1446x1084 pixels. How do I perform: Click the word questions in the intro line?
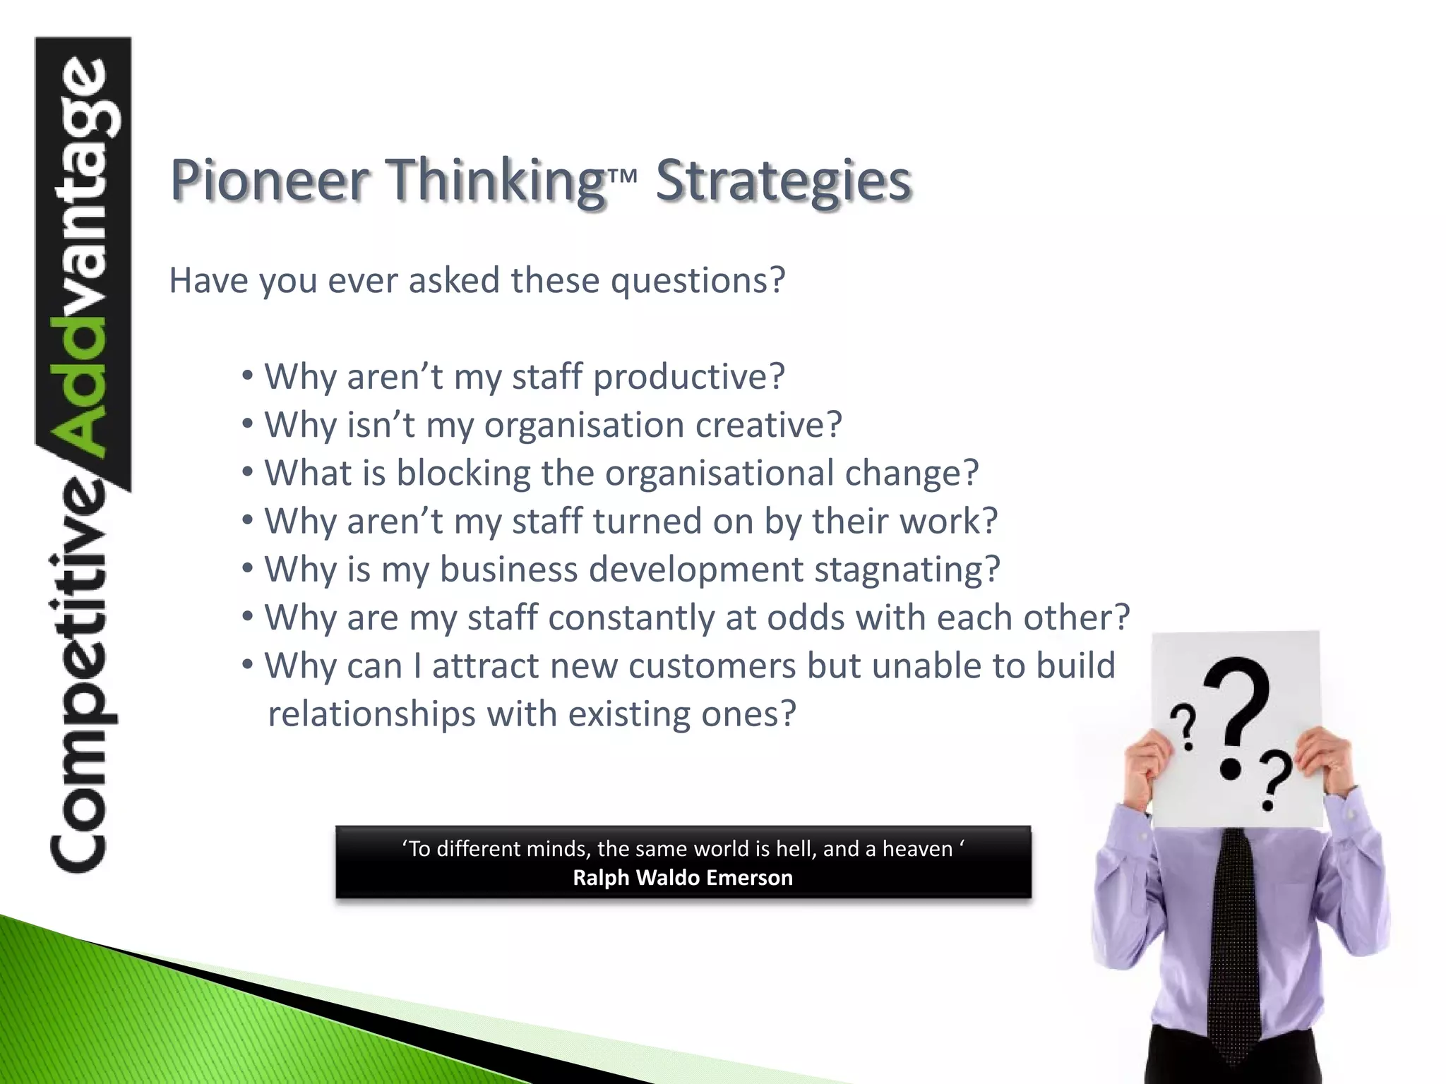pos(697,281)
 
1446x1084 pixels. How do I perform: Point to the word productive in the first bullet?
pos(688,377)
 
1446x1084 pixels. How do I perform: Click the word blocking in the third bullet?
pos(463,473)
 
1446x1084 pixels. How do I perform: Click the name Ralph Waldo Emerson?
pos(682,878)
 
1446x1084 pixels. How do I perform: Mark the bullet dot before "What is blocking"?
pos(247,471)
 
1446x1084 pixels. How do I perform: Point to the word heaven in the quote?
pos(917,848)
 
